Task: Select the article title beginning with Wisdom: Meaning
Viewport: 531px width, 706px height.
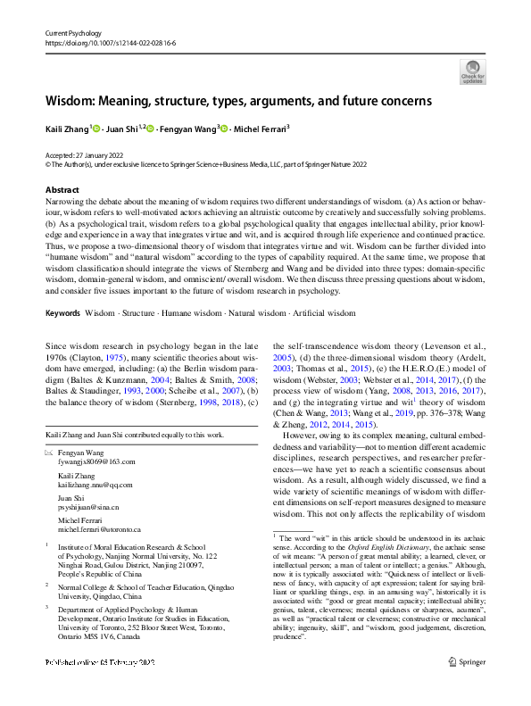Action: click(238, 101)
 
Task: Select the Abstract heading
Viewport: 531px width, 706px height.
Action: click(62, 190)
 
